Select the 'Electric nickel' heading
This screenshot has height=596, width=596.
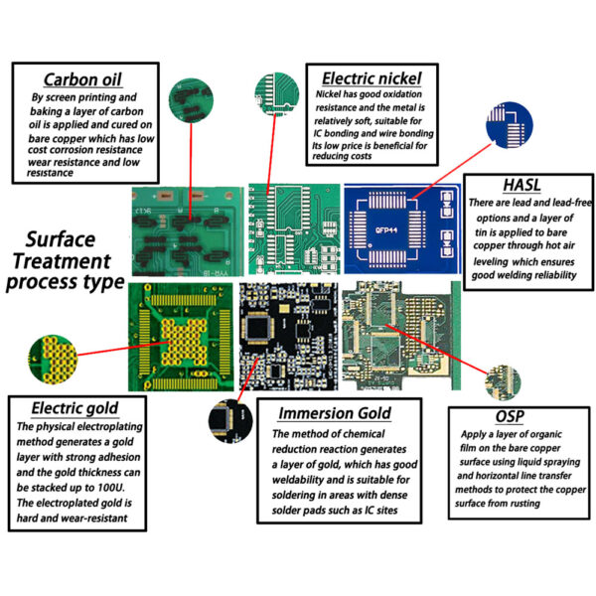(372, 78)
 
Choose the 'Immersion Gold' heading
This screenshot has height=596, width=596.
(334, 413)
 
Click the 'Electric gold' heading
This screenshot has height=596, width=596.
(74, 407)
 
